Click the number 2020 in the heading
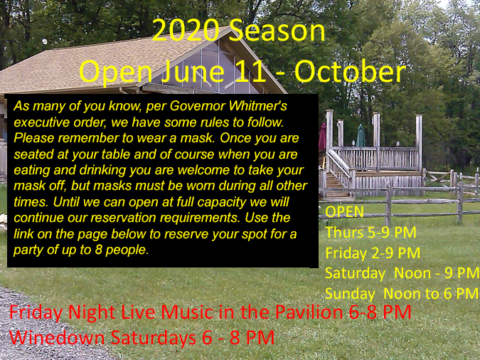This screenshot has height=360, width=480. coord(186,31)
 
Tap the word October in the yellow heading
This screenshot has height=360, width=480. coord(350,73)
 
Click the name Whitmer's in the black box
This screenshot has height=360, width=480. coord(257,106)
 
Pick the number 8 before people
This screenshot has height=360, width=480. coord(98,250)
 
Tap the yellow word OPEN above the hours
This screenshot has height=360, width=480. coord(344,212)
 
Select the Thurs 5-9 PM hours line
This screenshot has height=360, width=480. coord(370,232)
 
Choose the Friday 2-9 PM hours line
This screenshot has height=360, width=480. coord(373,253)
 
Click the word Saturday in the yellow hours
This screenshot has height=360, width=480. coord(355,273)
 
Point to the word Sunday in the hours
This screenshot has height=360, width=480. coord(350,294)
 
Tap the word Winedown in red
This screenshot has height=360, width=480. coord(57,338)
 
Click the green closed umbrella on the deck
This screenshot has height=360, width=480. coord(361,136)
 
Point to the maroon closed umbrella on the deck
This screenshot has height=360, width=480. coord(322,137)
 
